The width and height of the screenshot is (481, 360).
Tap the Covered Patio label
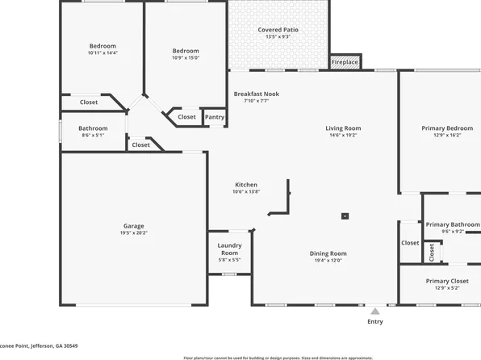(274, 30)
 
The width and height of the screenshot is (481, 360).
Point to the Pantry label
(215, 117)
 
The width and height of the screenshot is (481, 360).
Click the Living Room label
(343, 128)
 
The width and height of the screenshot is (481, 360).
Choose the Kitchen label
(246, 185)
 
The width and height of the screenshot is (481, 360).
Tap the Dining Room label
(328, 253)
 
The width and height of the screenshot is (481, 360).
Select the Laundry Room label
(230, 249)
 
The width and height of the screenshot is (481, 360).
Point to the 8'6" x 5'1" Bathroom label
(93, 136)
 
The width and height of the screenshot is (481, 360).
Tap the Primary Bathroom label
(453, 224)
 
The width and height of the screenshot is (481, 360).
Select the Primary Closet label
(447, 281)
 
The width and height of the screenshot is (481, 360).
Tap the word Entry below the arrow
(375, 321)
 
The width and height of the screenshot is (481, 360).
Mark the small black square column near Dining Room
(345, 216)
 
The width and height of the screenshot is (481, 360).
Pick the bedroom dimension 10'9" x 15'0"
(185, 57)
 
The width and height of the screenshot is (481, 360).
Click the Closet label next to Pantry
(186, 117)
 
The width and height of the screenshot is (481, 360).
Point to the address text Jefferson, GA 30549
(56, 346)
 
